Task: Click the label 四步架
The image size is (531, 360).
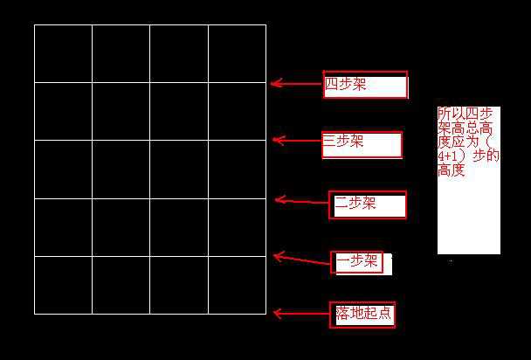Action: point(346,84)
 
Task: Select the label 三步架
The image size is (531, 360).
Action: point(342,141)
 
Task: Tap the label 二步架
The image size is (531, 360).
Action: point(355,204)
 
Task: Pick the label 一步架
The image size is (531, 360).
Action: point(357,260)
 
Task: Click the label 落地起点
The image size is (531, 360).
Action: point(363,313)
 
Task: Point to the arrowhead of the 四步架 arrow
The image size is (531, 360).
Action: point(272,83)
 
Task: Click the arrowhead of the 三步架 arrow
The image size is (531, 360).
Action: point(274,140)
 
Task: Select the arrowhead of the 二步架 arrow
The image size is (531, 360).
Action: point(276,200)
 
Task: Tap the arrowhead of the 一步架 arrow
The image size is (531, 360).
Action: point(274,256)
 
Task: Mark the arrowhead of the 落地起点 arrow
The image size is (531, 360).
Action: point(274,314)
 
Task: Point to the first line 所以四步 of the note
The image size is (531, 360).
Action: point(465,113)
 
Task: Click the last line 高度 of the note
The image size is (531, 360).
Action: point(451,170)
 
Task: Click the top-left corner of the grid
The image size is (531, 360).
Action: point(35,24)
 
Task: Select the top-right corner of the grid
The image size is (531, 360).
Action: point(265,24)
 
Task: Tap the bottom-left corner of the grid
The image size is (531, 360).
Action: point(35,314)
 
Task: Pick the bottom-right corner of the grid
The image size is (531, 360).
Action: point(265,314)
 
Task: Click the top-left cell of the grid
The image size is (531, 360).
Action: point(64,53)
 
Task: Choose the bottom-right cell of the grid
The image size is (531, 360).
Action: point(237,285)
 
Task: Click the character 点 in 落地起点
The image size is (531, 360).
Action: point(384,313)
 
